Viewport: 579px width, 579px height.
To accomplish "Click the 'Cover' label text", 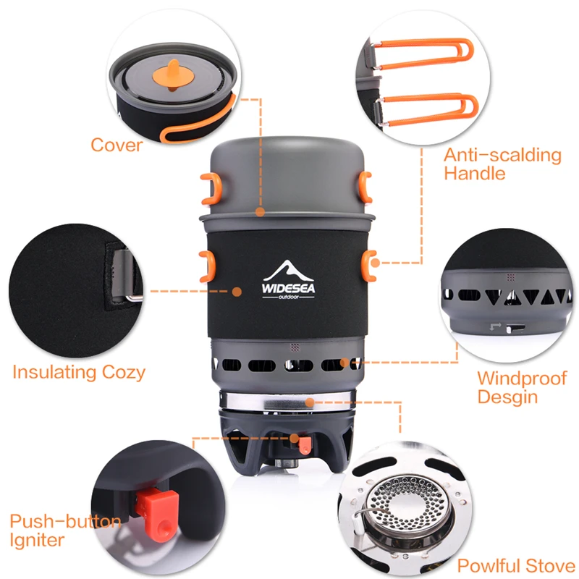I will pos(117,145).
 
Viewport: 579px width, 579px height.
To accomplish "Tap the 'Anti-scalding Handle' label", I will pos(502,164).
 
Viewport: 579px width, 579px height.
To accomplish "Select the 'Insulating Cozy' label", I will pos(79,372).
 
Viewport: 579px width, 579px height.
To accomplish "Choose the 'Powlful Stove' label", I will pos(515,565).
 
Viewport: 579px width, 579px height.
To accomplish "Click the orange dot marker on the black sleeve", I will pos(237,292).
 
